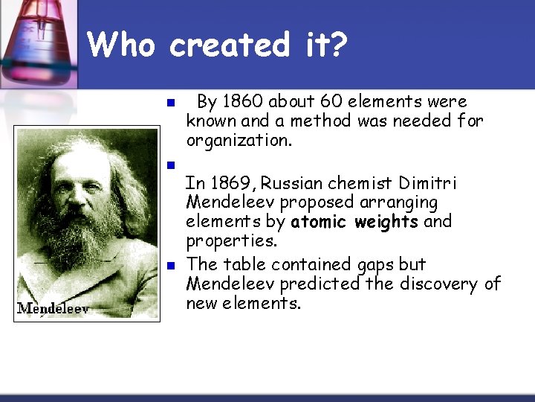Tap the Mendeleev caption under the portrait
(x=53, y=307)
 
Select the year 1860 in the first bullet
(x=241, y=101)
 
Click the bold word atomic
(x=318, y=222)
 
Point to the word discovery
(x=440, y=284)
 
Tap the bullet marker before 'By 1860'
(x=169, y=103)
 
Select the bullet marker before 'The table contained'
(x=169, y=266)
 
